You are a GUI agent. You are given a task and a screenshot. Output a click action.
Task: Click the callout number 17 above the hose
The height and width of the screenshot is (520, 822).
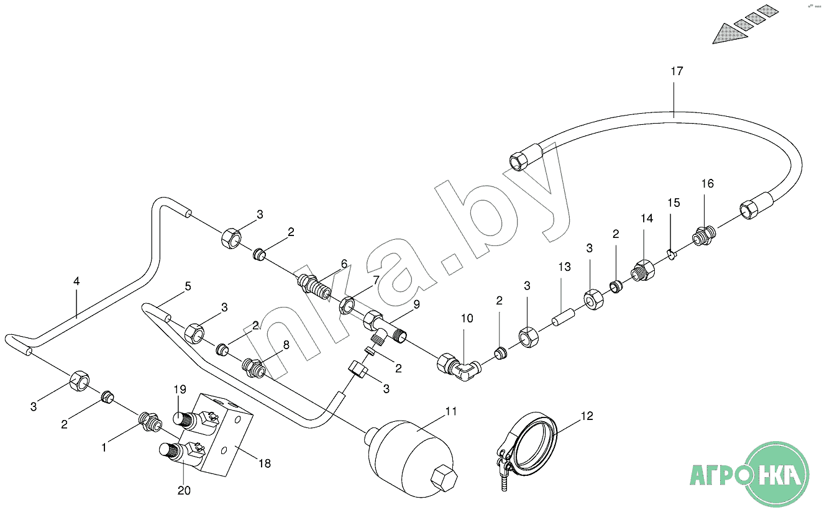click(677, 71)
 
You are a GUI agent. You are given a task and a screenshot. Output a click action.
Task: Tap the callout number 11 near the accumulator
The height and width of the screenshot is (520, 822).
click(451, 411)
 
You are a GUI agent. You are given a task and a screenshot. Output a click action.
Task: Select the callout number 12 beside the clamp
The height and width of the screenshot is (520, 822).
click(587, 416)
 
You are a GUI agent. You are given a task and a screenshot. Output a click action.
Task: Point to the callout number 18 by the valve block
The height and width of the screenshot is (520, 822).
click(265, 463)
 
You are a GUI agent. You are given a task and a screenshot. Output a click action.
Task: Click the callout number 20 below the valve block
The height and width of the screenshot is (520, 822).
click(184, 491)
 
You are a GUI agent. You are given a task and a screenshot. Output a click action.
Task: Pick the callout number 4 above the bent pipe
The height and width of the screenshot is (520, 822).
click(76, 281)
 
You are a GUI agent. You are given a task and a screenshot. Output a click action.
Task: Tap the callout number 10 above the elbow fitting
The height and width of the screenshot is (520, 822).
click(467, 319)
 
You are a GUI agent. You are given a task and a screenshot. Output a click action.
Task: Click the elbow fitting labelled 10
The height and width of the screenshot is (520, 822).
click(459, 367)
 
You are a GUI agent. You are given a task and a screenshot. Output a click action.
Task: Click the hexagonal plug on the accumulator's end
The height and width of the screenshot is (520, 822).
click(444, 478)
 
